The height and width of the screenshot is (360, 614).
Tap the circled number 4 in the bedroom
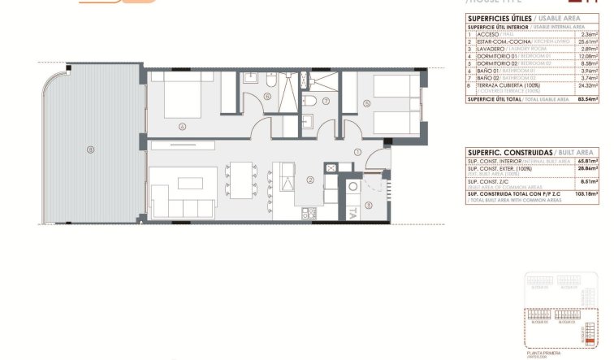coord(184,125)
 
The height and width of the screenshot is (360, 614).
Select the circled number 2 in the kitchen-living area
coord(309,180)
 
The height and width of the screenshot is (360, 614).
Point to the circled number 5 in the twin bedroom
coord(367,103)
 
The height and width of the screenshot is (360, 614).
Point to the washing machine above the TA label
coord(354,186)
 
